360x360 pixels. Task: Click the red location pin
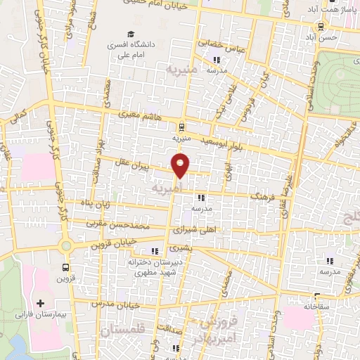[181, 166]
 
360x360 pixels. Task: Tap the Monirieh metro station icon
[182, 127]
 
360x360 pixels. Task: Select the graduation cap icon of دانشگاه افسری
[130, 34]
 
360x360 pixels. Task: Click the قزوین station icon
[66, 267]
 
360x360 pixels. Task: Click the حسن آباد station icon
[321, 27]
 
